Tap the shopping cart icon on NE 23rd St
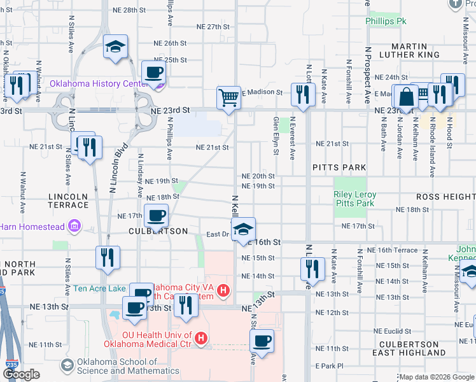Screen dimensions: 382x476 tap(228, 98)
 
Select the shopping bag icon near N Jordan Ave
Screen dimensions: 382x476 tap(405, 97)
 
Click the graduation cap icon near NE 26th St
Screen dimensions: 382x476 tap(116, 46)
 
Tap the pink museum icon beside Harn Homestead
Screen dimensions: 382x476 tap(74, 225)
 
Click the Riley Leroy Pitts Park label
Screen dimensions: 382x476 tap(355, 199)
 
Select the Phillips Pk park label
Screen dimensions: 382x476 tap(386, 21)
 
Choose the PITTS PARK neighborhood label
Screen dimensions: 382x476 tap(339, 167)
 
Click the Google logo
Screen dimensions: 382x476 tap(21, 374)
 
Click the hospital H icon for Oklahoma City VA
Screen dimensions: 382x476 tap(223, 292)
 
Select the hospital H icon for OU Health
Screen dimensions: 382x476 tap(201, 338)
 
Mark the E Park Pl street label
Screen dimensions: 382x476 tap(329, 366)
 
